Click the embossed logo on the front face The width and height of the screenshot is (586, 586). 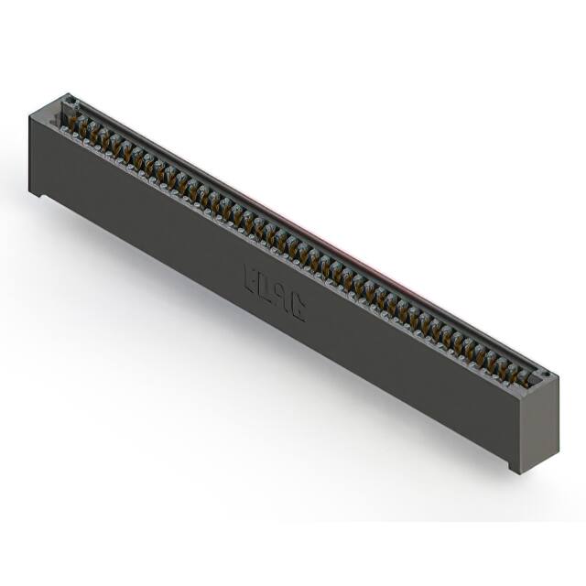click(x=275, y=293)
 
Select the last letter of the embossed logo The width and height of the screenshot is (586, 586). click(x=298, y=309)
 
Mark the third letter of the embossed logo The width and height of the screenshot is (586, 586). click(x=282, y=298)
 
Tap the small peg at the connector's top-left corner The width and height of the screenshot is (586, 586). click(x=68, y=97)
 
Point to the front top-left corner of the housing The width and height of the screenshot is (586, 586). click(x=30, y=111)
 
